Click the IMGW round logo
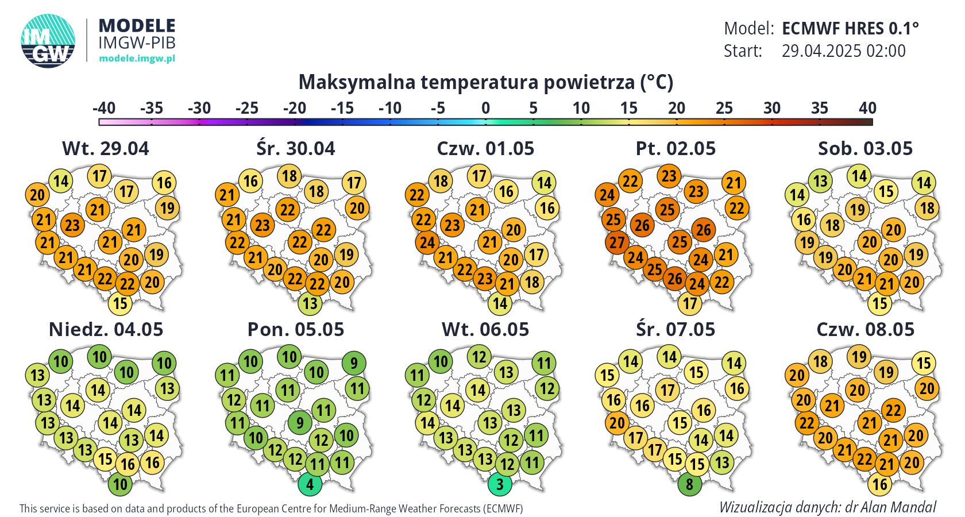[x=48, y=41]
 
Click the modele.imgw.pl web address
[x=137, y=58]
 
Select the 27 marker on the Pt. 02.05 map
[x=617, y=242]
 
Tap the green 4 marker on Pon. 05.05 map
[x=310, y=484]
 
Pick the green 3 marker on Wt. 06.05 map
[x=500, y=484]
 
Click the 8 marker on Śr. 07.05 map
[x=689, y=484]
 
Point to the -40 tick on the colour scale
[x=104, y=108]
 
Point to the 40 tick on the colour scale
[x=867, y=108]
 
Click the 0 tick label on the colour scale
[x=485, y=108]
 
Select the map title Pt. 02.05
[x=675, y=148]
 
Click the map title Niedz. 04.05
[x=106, y=329]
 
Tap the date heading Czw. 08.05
[x=865, y=329]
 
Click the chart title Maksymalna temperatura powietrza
[x=485, y=82]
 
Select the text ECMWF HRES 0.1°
[x=850, y=28]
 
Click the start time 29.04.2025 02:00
[x=843, y=51]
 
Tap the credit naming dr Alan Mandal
[x=827, y=507]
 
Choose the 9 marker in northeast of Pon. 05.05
[x=354, y=363]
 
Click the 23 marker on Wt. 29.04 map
[x=72, y=225]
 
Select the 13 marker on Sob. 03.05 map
[x=820, y=181]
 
